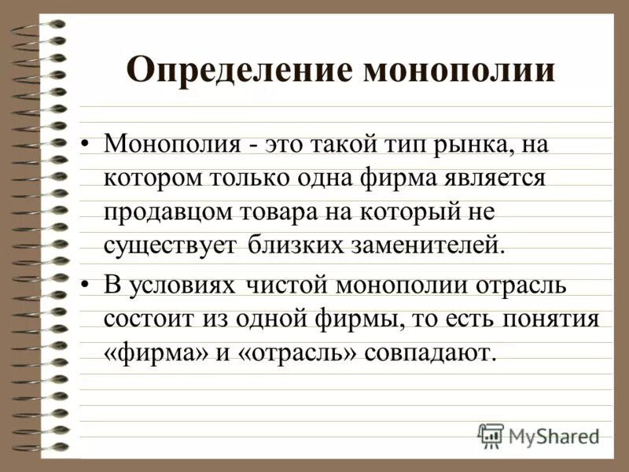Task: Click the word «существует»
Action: click(x=170, y=244)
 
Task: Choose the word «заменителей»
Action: click(x=424, y=244)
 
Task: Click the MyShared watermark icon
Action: click(x=491, y=435)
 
